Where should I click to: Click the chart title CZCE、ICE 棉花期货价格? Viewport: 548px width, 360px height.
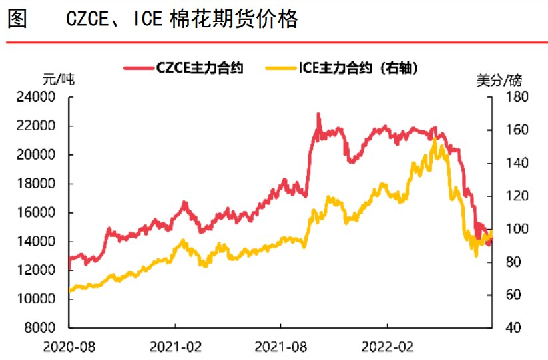182,19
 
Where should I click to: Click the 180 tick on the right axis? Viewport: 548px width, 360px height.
508,97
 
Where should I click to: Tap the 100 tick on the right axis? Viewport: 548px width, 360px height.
508,229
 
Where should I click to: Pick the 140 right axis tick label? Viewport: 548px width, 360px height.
508,163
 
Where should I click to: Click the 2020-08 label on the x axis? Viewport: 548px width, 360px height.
69,347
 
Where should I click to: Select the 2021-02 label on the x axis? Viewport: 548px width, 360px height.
175,347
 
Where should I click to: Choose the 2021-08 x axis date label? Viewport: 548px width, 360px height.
280,347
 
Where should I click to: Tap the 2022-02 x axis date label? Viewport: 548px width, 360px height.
387,347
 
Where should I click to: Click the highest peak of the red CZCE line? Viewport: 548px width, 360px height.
318,114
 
